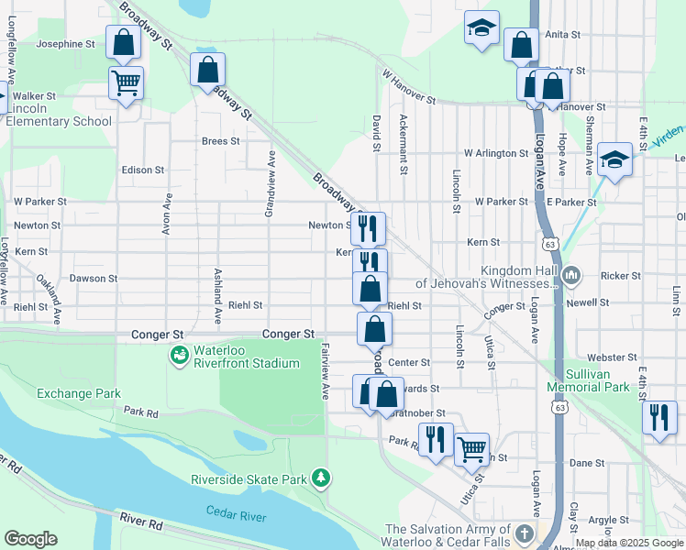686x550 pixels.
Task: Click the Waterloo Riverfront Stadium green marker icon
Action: point(179,354)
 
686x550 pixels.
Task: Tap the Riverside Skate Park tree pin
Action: point(320,478)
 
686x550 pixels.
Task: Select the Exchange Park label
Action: point(79,393)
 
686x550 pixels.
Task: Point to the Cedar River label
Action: point(236,516)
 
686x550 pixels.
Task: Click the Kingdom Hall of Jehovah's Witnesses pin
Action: point(570,274)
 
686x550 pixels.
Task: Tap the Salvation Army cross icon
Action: point(524,533)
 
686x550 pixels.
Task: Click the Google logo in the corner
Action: point(30,539)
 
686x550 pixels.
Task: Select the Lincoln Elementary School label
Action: point(61,115)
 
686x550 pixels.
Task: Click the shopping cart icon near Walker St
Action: point(126,83)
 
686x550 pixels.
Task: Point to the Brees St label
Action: point(221,141)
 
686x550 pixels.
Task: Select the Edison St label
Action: point(142,170)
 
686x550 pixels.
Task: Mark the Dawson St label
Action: point(94,278)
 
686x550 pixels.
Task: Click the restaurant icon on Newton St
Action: point(368,227)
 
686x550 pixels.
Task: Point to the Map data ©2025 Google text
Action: point(629,543)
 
